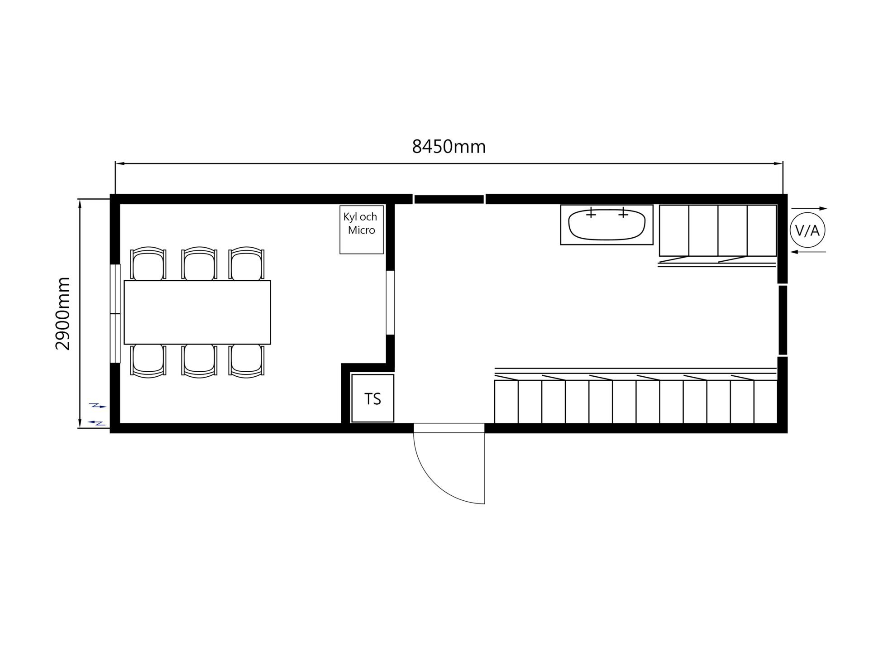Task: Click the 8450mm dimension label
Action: [x=449, y=147]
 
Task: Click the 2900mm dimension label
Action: [x=63, y=313]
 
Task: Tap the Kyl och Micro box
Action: [x=362, y=230]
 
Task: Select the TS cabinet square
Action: [x=373, y=398]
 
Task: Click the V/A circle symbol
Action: [x=807, y=230]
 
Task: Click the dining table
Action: [x=197, y=312]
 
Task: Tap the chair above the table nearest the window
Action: [x=148, y=264]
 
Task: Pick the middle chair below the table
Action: [x=199, y=361]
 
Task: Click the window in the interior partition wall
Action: [x=390, y=303]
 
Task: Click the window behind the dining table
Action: [x=115, y=313]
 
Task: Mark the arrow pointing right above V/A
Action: [x=809, y=209]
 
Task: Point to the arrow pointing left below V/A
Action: [x=808, y=252]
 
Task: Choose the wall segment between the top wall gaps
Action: [x=449, y=199]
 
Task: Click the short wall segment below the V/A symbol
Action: [x=783, y=320]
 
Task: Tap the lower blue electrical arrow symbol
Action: [x=97, y=423]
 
